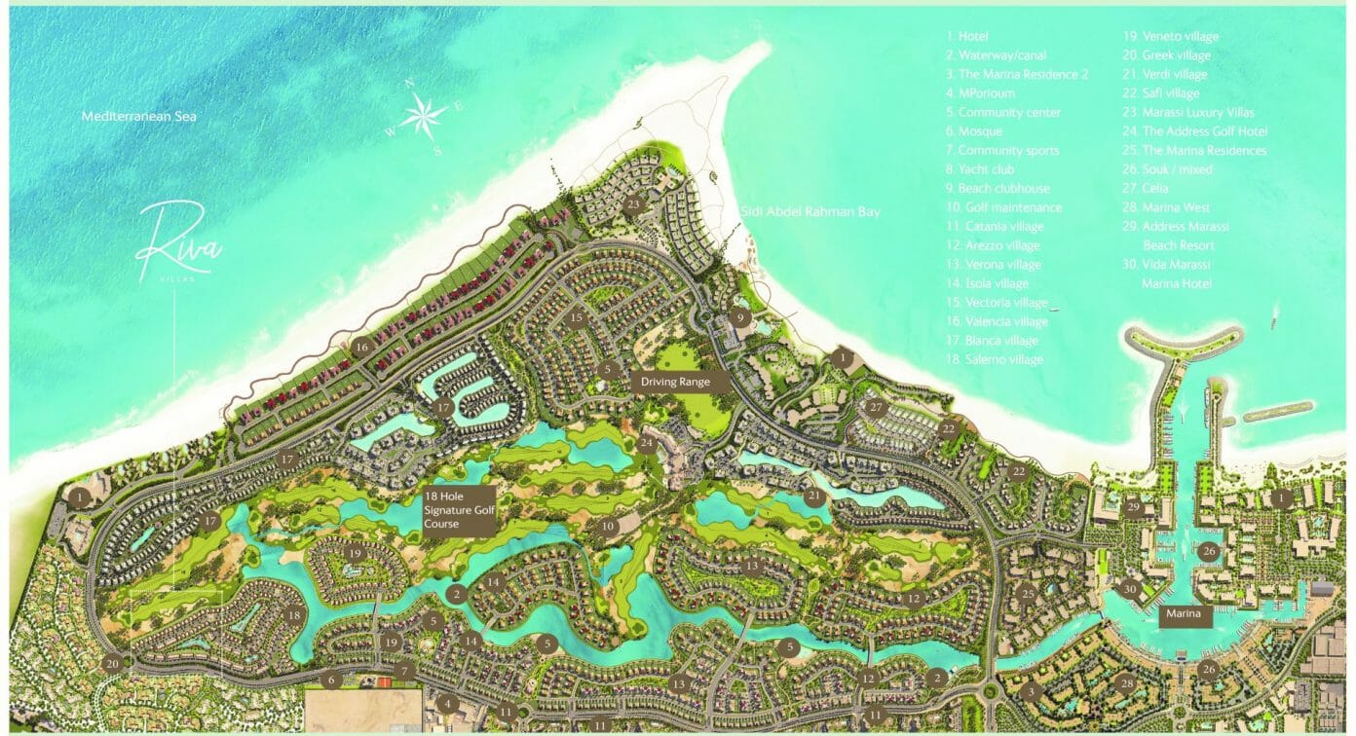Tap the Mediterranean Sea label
click(139, 116)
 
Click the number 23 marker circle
click(634, 204)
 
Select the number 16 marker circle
click(362, 346)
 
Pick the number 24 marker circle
click(647, 444)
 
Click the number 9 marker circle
click(740, 316)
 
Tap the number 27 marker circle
click(876, 407)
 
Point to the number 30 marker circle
click(1128, 589)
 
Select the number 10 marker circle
click(608, 527)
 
